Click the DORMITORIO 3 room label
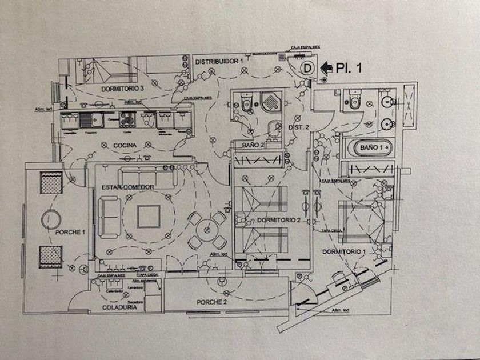(x=123, y=89)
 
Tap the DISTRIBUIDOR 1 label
(x=219, y=61)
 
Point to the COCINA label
(x=125, y=146)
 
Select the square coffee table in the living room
(x=149, y=217)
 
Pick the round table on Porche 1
(x=50, y=218)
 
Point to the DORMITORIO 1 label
(x=343, y=251)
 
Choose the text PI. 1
(x=350, y=67)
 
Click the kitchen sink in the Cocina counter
(x=89, y=120)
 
